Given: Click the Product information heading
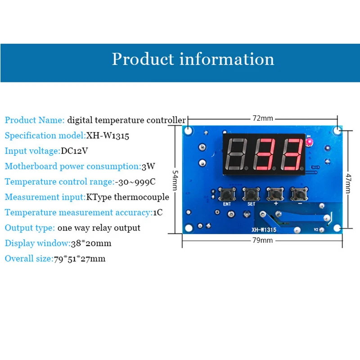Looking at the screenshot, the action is (x=193, y=59).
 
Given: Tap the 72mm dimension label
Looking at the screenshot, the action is (x=262, y=118).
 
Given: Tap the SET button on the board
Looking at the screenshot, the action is (x=251, y=195).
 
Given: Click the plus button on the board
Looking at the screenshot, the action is (x=275, y=194).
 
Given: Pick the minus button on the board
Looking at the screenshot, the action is (x=299, y=194).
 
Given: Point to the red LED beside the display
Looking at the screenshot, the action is (x=310, y=143).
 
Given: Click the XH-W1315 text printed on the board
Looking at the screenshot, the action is (x=264, y=229).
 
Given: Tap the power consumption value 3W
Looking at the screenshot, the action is (x=148, y=166).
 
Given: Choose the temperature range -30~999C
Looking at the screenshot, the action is (x=139, y=182).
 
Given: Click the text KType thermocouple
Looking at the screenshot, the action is (x=128, y=197).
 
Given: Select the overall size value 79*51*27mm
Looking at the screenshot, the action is (x=79, y=259).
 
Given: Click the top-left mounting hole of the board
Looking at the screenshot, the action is (x=188, y=131).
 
